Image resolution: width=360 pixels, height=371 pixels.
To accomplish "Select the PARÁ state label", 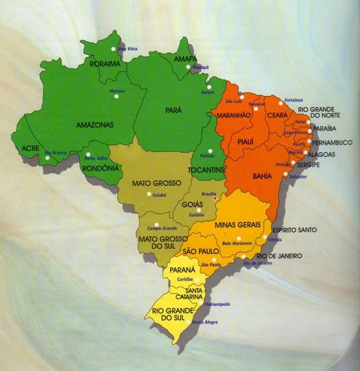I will coord(173,110).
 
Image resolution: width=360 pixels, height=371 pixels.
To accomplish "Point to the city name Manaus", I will coord(117,91).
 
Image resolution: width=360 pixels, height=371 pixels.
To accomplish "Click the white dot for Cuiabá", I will coord(149,194).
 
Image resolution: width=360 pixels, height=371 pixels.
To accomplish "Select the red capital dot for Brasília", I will coord(215,198).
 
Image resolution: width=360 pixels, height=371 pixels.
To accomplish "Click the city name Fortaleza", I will coord(293,100).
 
